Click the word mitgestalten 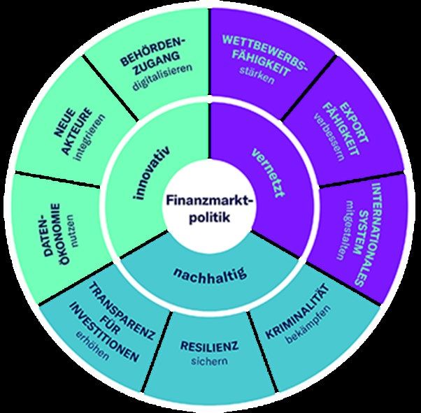pyautogui.click(x=343, y=227)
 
